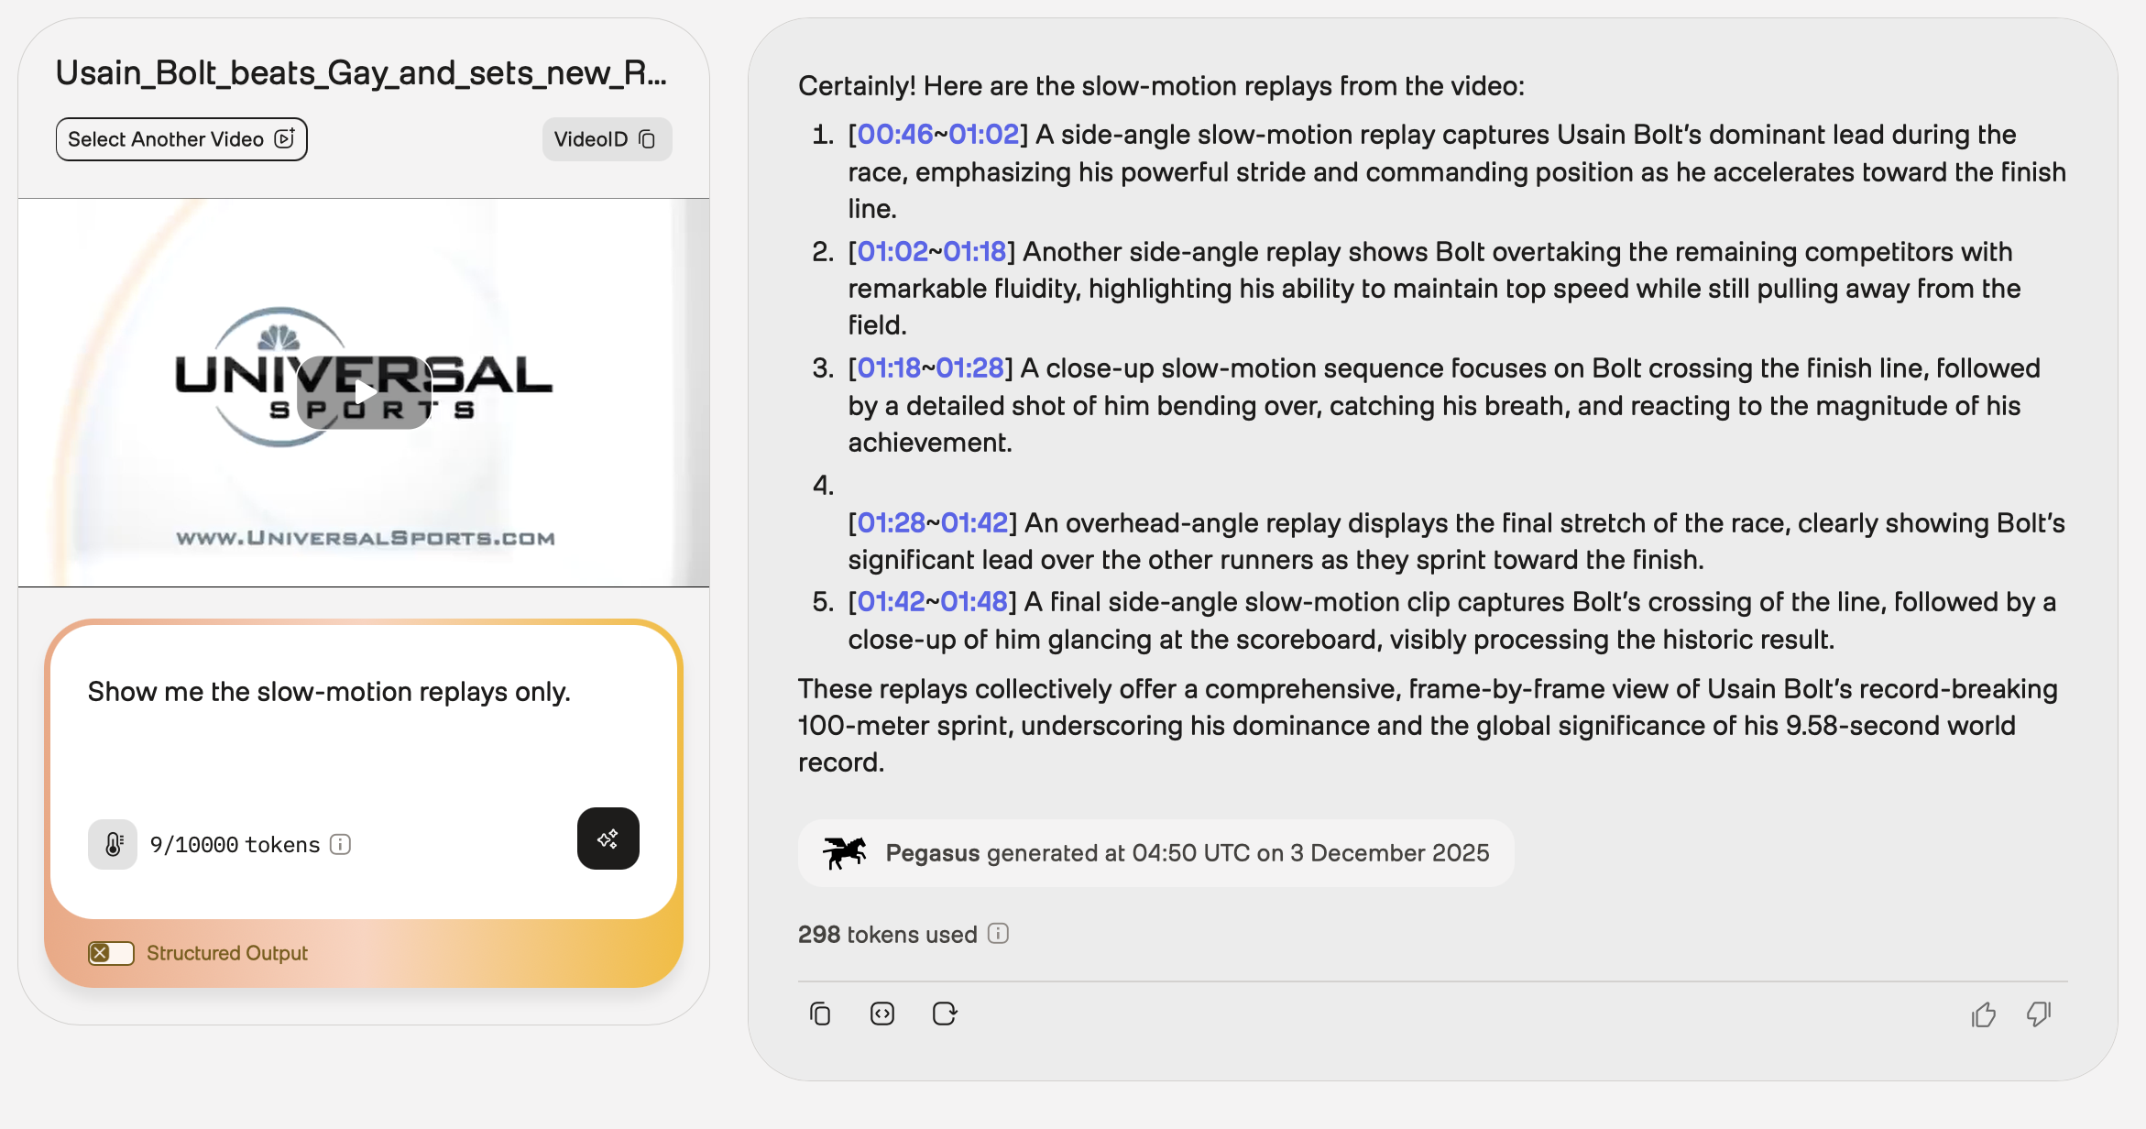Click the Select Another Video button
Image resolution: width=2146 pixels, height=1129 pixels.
click(181, 139)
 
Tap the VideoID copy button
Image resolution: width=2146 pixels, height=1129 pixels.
click(607, 139)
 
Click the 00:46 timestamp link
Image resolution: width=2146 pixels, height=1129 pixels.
click(894, 135)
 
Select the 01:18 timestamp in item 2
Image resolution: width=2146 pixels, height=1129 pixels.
click(975, 251)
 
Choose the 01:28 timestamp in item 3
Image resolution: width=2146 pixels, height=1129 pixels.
click(969, 367)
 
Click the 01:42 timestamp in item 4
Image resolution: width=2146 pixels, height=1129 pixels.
click(974, 522)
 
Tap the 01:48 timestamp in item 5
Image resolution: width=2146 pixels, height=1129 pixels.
click(973, 601)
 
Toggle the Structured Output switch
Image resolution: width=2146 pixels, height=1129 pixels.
click(111, 953)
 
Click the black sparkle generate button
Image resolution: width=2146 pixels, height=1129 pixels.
click(608, 839)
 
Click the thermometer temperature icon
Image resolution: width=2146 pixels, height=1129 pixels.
click(113, 844)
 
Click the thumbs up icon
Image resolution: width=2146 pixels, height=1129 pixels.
click(1984, 1014)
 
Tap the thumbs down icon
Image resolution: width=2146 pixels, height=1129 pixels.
click(2039, 1014)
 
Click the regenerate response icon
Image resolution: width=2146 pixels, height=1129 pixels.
click(945, 1014)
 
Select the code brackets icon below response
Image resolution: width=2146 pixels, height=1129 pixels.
click(882, 1014)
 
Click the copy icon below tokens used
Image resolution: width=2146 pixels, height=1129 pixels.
click(820, 1014)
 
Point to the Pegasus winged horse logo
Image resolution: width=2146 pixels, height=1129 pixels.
click(844, 852)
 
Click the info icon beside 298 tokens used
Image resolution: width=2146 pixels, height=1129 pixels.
click(998, 934)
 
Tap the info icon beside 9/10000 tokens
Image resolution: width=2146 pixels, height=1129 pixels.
click(340, 844)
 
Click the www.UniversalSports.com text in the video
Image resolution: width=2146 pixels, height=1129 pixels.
click(366, 538)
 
